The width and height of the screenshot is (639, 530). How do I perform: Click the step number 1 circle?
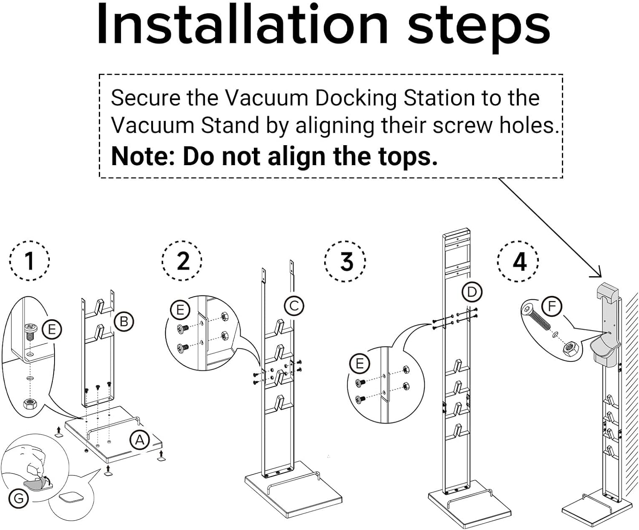[x=29, y=261]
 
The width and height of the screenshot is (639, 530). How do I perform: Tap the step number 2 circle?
[x=183, y=261]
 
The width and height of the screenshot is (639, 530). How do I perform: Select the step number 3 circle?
[x=346, y=261]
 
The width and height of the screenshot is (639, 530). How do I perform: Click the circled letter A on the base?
[x=140, y=440]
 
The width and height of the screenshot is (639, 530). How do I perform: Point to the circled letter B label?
[x=124, y=321]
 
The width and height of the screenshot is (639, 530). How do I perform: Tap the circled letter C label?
[x=294, y=306]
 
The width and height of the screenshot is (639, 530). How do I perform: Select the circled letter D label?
[x=472, y=292]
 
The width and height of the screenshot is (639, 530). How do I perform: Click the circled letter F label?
[x=552, y=306]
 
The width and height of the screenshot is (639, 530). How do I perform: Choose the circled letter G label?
[x=19, y=498]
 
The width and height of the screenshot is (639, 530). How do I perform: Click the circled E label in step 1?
[x=52, y=329]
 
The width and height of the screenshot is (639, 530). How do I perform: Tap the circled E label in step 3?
[x=360, y=364]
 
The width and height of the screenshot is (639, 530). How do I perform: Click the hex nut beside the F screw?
[x=570, y=350]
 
